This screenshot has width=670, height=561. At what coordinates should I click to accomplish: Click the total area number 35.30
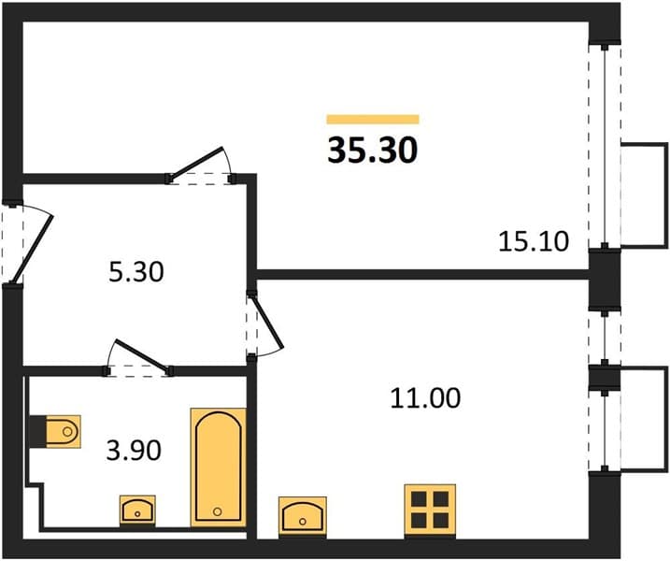(372, 151)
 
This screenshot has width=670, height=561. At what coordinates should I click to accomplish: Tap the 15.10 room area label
(534, 241)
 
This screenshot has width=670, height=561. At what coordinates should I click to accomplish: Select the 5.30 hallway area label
(135, 272)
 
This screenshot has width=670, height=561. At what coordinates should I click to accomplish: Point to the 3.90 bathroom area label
(134, 451)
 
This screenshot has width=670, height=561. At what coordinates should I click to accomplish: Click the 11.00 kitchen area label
(425, 398)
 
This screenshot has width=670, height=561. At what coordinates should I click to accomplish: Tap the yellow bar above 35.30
(373, 120)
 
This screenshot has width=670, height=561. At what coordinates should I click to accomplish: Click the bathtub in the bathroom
(219, 467)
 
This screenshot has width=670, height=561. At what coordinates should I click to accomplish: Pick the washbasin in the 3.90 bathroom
(137, 511)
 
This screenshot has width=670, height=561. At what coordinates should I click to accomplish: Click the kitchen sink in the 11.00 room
(303, 516)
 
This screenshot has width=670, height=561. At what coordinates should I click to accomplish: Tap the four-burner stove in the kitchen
(430, 510)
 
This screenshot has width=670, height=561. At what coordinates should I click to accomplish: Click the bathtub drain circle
(217, 511)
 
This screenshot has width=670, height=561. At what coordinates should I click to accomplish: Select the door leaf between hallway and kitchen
(267, 322)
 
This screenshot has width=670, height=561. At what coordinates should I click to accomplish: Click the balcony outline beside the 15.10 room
(644, 195)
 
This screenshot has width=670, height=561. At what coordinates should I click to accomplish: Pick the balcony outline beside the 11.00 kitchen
(644, 420)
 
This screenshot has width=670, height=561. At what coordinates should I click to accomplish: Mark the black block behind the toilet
(37, 431)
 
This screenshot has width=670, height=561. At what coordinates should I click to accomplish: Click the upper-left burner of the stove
(419, 499)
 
